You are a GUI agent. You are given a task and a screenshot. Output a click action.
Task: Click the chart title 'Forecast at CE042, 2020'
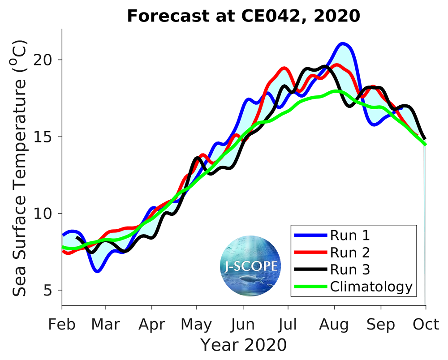(243, 16)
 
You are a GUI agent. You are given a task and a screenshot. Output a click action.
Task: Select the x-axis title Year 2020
(243, 345)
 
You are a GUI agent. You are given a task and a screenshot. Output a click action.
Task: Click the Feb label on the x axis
(62, 324)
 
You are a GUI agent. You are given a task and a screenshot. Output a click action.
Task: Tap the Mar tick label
(105, 324)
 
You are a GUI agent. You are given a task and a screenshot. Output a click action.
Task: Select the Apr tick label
(152, 324)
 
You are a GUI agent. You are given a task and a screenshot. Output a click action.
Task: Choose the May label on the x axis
(197, 324)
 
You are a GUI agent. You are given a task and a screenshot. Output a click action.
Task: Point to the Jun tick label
(243, 324)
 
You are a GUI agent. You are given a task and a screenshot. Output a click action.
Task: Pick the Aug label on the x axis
(334, 324)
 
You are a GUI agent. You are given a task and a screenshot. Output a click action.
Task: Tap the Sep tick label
(381, 324)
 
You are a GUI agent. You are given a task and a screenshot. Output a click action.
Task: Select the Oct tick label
(425, 324)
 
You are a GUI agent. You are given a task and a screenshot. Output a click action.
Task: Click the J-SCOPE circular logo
(251, 266)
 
